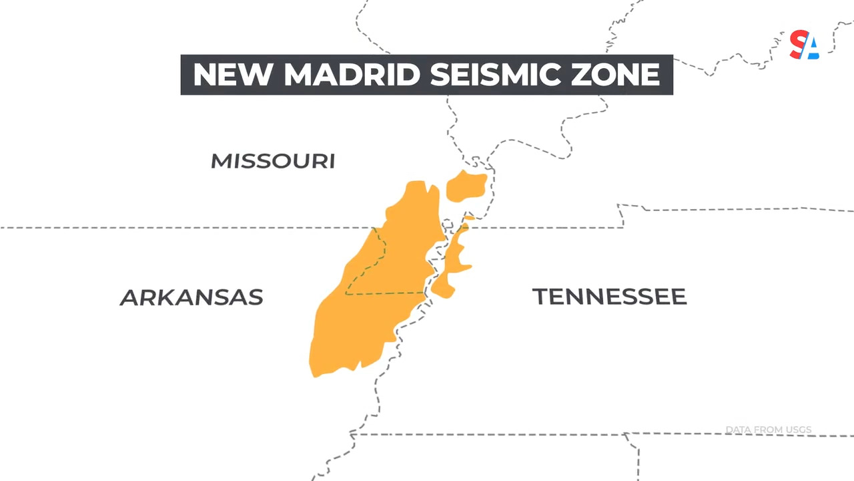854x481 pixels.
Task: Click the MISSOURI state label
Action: [x=273, y=161]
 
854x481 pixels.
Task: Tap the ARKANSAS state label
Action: [x=191, y=297]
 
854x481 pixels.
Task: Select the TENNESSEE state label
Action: [x=609, y=297]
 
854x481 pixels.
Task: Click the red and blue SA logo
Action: [x=804, y=45]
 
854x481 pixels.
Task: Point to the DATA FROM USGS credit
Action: [x=768, y=430]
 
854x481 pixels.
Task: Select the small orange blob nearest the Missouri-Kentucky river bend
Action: [x=466, y=186]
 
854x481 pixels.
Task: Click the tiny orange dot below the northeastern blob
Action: [x=469, y=217]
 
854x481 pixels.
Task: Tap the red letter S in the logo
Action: [x=797, y=44]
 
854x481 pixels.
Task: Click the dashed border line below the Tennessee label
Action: [x=534, y=434]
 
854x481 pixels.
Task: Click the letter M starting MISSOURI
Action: [x=221, y=161]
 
